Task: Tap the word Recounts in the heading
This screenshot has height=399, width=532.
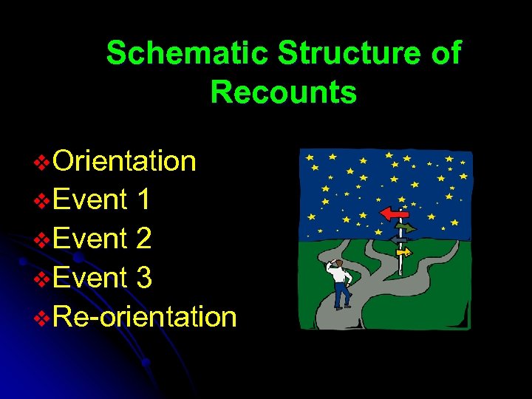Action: tap(283, 93)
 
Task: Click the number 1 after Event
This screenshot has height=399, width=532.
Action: tap(144, 199)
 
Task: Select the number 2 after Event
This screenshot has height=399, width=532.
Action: tap(144, 239)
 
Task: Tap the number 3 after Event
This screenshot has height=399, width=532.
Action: tap(144, 278)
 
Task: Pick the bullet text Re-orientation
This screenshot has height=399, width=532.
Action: tap(145, 317)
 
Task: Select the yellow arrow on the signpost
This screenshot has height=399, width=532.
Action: tap(403, 252)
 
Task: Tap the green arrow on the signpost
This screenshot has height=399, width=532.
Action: tap(406, 228)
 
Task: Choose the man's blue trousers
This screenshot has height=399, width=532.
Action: tap(341, 296)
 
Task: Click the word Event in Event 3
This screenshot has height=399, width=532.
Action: tap(90, 278)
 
